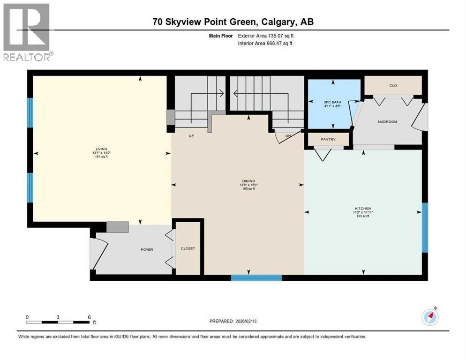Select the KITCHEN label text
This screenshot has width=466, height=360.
pyautogui.click(x=363, y=208)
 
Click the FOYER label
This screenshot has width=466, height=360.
pyautogui.click(x=147, y=249)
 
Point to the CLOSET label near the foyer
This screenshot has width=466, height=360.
pyautogui.click(x=188, y=248)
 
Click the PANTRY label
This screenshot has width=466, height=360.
pyautogui.click(x=328, y=139)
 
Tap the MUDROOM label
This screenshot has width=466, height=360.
pyautogui.click(x=387, y=122)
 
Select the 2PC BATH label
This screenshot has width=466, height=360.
pyautogui.click(x=333, y=102)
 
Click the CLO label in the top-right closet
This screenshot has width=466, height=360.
pyautogui.click(x=393, y=85)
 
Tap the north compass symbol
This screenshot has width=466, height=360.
pyautogui.click(x=430, y=317)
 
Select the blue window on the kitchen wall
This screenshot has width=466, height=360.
pyautogui.click(x=424, y=227)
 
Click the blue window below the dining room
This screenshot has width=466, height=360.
pyautogui.click(x=256, y=277)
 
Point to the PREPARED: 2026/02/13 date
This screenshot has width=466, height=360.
pyautogui.click(x=233, y=321)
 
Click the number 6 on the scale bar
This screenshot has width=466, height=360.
pyautogui.click(x=89, y=317)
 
